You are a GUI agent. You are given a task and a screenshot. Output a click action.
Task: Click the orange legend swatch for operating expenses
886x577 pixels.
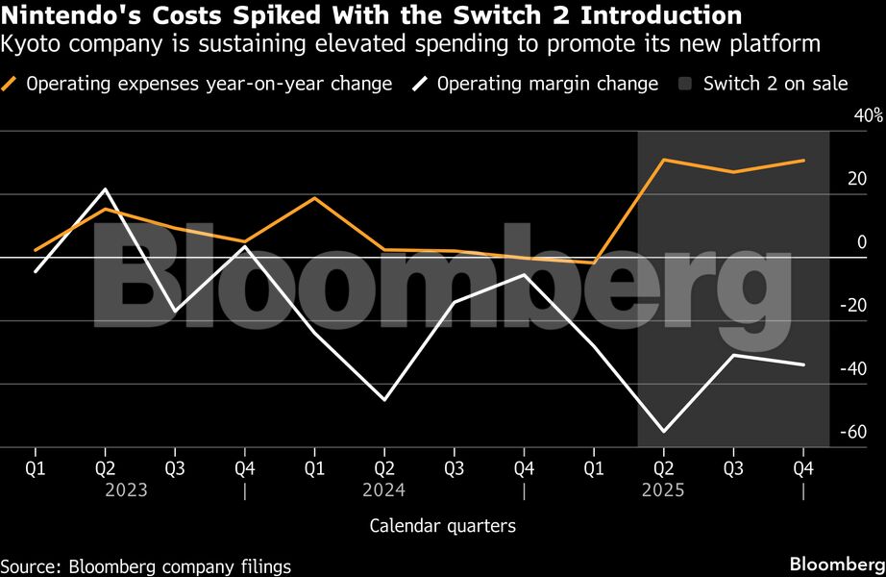point(12,84)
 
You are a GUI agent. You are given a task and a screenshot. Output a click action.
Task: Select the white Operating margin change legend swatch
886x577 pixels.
point(421,84)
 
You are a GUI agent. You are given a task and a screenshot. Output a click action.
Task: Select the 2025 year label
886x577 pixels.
point(662,490)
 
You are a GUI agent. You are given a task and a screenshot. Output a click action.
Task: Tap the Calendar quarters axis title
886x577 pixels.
point(442,526)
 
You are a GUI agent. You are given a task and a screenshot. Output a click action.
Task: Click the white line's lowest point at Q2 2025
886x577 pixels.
point(663,431)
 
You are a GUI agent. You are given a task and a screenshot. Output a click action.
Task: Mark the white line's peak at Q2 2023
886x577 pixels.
point(105,189)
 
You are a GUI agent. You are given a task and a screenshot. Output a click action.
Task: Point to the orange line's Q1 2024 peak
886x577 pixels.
point(314,198)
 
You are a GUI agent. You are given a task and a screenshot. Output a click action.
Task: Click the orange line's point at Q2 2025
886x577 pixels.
point(663,160)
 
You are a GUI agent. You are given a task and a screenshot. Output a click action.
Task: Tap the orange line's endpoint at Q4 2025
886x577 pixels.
point(803,161)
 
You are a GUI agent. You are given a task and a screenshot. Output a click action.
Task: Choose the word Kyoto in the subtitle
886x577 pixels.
point(27,43)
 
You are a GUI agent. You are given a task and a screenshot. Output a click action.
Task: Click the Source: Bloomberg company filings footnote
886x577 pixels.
point(145,566)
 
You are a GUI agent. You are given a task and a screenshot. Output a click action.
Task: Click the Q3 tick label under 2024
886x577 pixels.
point(454,468)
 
